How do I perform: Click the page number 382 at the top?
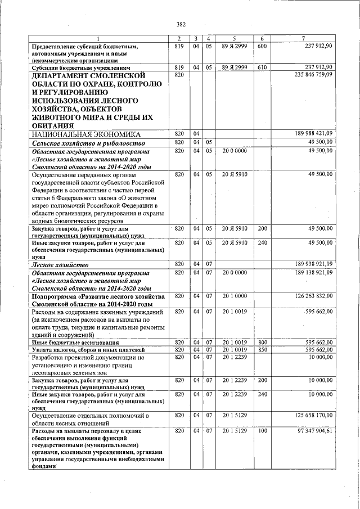181,24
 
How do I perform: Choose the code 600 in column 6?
262,46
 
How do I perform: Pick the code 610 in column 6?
262,67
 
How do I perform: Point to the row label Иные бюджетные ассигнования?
75,342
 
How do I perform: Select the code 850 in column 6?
262,349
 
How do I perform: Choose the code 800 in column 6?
262,342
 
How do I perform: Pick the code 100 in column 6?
262,430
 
